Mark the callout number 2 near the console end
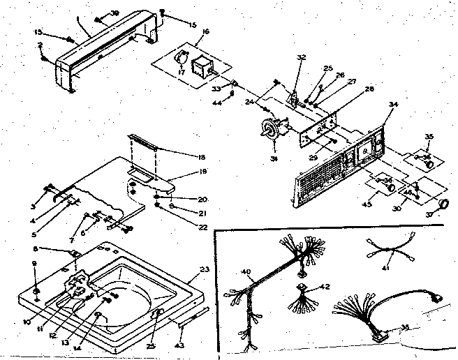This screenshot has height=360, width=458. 40,46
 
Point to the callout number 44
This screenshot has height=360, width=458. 216,103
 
